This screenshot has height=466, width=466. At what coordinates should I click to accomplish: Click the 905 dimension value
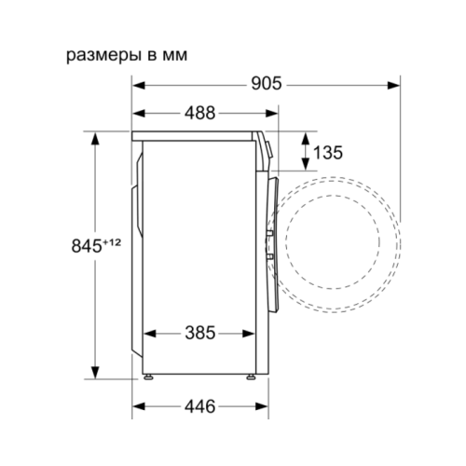(267, 84)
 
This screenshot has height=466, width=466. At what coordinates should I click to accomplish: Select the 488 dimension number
(199, 113)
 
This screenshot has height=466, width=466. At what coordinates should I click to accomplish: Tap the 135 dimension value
(328, 152)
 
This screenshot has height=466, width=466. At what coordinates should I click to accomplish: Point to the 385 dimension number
(200, 333)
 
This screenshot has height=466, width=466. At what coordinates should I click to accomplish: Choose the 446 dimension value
(199, 406)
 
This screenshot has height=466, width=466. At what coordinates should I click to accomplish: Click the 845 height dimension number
(87, 246)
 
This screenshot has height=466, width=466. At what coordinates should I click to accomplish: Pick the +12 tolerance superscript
(111, 242)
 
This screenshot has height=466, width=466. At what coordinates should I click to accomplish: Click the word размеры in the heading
(103, 56)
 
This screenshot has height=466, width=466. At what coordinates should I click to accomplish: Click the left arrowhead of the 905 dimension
(139, 85)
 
